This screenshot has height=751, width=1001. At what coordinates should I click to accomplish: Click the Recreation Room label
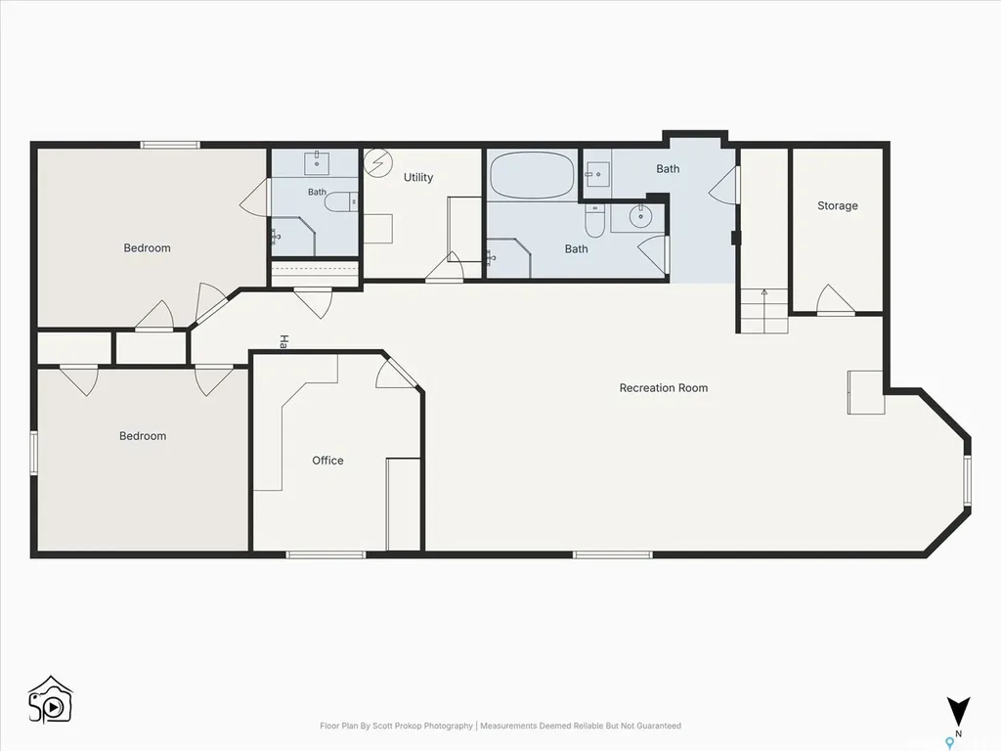pos(664,387)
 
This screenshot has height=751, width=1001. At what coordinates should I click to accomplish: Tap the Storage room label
pos(838,205)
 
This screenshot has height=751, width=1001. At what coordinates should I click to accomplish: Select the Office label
pos(327,461)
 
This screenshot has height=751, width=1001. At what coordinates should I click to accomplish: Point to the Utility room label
pos(418,178)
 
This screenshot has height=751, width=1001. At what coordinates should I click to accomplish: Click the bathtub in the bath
pos(532,175)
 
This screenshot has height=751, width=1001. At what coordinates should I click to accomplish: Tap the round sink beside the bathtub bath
pos(639,216)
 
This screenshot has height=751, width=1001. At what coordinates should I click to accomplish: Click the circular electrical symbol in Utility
pos(378,162)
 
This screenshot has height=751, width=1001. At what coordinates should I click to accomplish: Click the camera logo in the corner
pos(51,700)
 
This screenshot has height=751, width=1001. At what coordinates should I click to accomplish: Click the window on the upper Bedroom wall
pos(170,145)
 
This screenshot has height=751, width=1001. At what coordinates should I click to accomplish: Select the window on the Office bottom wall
pos(326,555)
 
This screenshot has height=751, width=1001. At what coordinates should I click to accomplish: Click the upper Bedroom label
pos(147,247)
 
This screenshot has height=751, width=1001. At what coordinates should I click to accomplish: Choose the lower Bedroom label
pos(143,436)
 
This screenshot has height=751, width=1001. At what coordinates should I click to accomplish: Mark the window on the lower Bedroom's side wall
pos(34,453)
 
